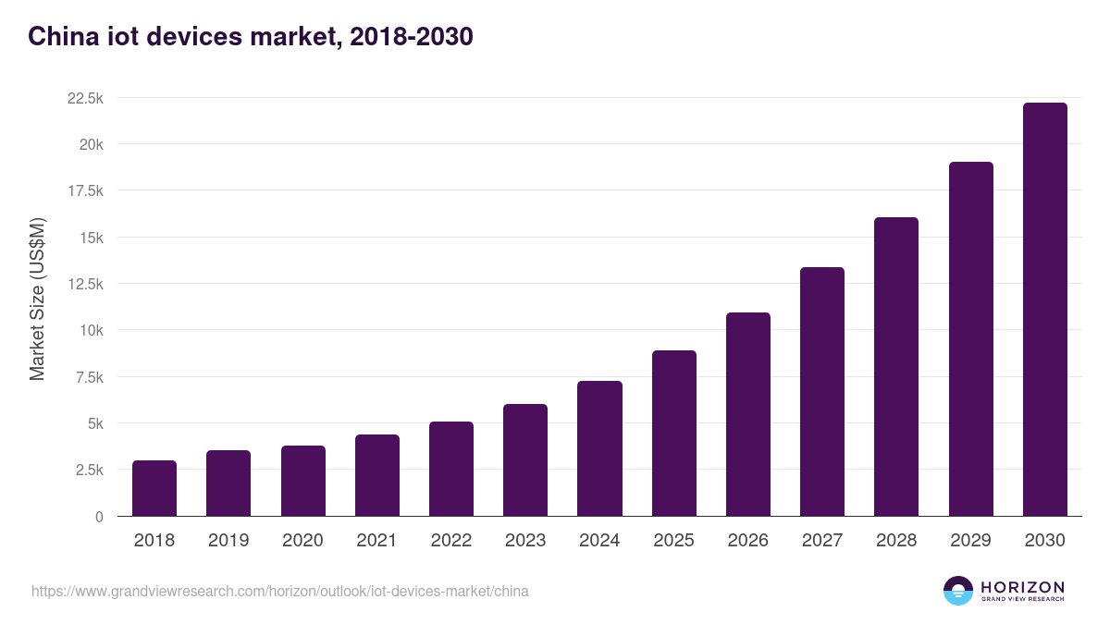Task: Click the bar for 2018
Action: click(154, 488)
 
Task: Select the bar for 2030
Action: click(1044, 310)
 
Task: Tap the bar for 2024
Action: click(599, 448)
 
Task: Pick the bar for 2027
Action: click(822, 392)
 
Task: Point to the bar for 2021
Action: click(377, 475)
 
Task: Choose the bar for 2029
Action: click(970, 339)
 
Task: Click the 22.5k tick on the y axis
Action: click(84, 98)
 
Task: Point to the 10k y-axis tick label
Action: click(91, 330)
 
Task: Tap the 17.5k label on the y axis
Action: click(84, 190)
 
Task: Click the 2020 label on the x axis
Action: click(303, 541)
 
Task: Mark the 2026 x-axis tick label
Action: click(748, 541)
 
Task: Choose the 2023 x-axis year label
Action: click(525, 541)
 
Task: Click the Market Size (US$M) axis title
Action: click(37, 300)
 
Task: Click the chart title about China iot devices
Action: click(251, 36)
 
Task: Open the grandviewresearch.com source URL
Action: click(280, 591)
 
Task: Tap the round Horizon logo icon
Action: click(958, 591)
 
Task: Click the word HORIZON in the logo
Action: click(1022, 587)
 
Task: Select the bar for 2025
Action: click(673, 434)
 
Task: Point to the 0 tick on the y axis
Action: click(98, 517)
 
